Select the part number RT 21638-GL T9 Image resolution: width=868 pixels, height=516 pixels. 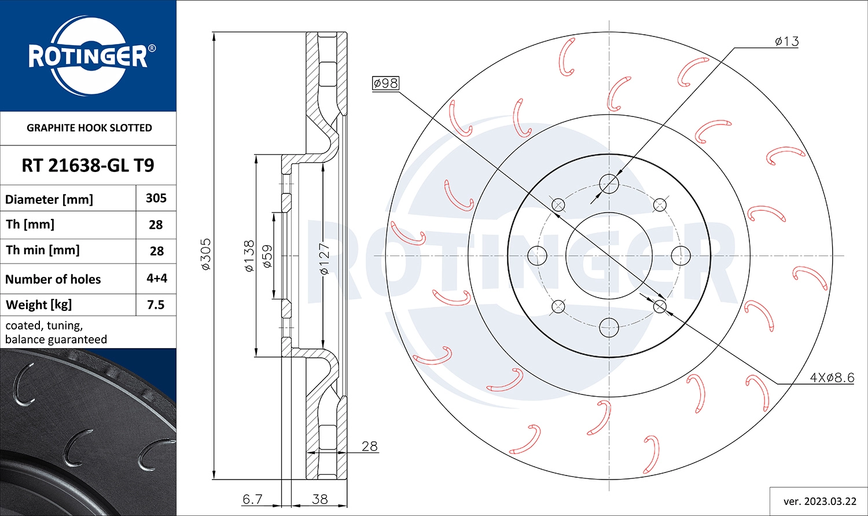[88, 166]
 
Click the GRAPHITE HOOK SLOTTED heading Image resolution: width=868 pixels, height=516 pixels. [89, 128]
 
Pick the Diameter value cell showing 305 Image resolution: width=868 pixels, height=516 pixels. [156, 198]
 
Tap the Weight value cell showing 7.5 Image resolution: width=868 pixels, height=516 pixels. [156, 305]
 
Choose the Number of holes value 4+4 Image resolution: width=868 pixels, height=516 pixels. [156, 278]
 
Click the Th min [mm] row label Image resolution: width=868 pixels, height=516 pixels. [43, 250]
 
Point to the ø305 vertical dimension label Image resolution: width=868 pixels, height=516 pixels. [206, 254]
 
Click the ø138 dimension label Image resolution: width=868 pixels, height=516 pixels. [249, 256]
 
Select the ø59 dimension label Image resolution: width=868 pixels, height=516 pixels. [267, 256]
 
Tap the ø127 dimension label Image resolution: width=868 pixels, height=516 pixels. [324, 258]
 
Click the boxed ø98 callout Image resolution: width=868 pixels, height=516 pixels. [385, 83]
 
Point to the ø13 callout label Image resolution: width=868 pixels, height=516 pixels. [786, 41]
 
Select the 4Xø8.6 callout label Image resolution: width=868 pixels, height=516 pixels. [832, 378]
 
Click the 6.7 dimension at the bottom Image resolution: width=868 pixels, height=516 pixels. [252, 499]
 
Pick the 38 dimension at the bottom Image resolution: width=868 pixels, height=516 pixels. [319, 499]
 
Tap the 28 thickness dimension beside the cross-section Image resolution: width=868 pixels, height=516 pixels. [369, 446]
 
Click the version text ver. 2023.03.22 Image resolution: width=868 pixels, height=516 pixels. [819, 501]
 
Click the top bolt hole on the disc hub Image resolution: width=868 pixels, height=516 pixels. [609, 184]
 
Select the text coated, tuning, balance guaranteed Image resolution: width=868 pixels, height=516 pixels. [56, 332]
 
